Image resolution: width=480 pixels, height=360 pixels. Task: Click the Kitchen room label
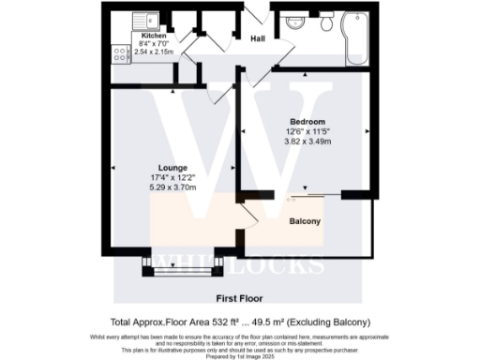point(127,36)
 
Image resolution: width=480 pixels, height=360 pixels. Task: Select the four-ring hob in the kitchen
point(121,53)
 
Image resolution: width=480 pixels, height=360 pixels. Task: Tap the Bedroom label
point(306,123)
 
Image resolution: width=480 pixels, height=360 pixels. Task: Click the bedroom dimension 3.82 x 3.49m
point(306,141)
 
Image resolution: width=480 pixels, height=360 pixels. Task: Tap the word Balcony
point(305,222)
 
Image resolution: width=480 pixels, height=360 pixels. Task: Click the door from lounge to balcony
point(247,217)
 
